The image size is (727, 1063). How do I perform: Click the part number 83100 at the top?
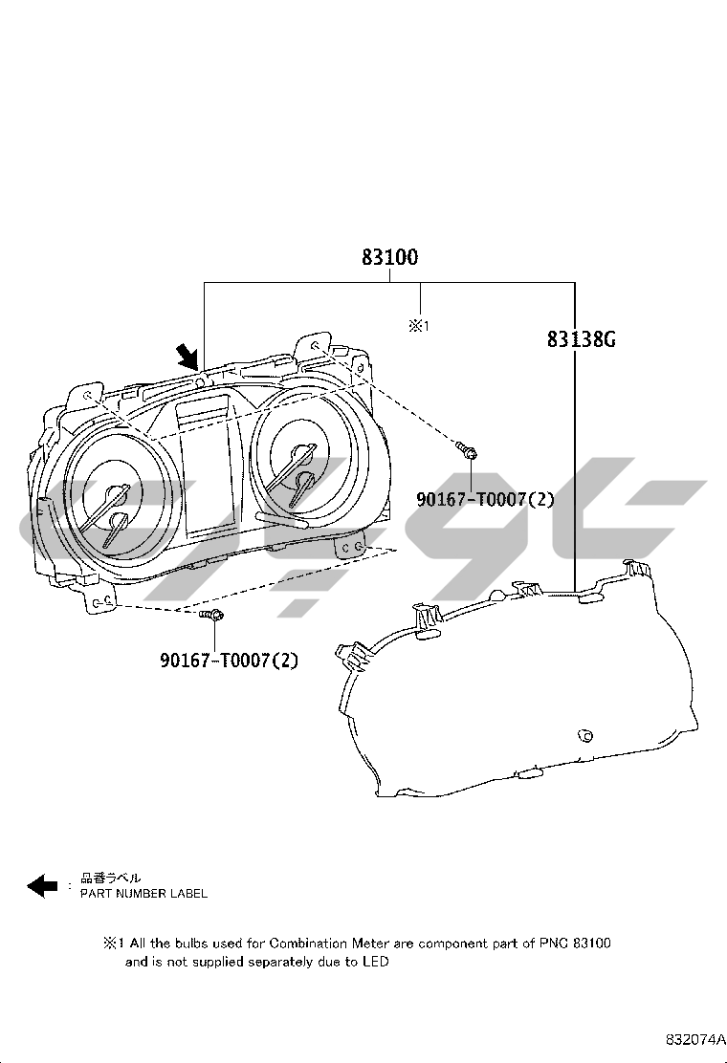390,257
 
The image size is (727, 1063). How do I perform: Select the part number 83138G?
582,339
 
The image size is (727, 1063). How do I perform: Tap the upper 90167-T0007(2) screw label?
486,500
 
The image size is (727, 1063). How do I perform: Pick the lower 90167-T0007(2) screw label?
230,660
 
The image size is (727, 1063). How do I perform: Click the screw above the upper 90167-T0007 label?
466,448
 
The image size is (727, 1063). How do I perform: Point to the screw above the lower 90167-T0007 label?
212,615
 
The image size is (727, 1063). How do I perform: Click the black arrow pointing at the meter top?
187,357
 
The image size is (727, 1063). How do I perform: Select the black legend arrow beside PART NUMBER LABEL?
42,885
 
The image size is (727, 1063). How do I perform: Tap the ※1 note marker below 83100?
418,326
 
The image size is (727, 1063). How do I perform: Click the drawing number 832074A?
691,1039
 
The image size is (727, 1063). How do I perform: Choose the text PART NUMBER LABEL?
143,894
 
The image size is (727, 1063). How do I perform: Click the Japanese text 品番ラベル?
111,879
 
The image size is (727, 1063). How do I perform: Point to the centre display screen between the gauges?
208,467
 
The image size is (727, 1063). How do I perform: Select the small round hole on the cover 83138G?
584,736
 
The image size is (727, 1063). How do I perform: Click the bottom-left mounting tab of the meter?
101,601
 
